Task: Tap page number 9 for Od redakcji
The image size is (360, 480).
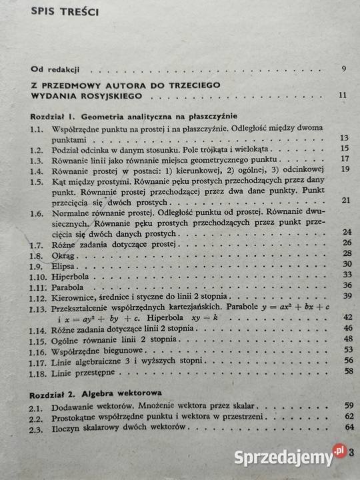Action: click(x=343, y=69)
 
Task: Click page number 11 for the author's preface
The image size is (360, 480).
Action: click(x=342, y=95)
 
